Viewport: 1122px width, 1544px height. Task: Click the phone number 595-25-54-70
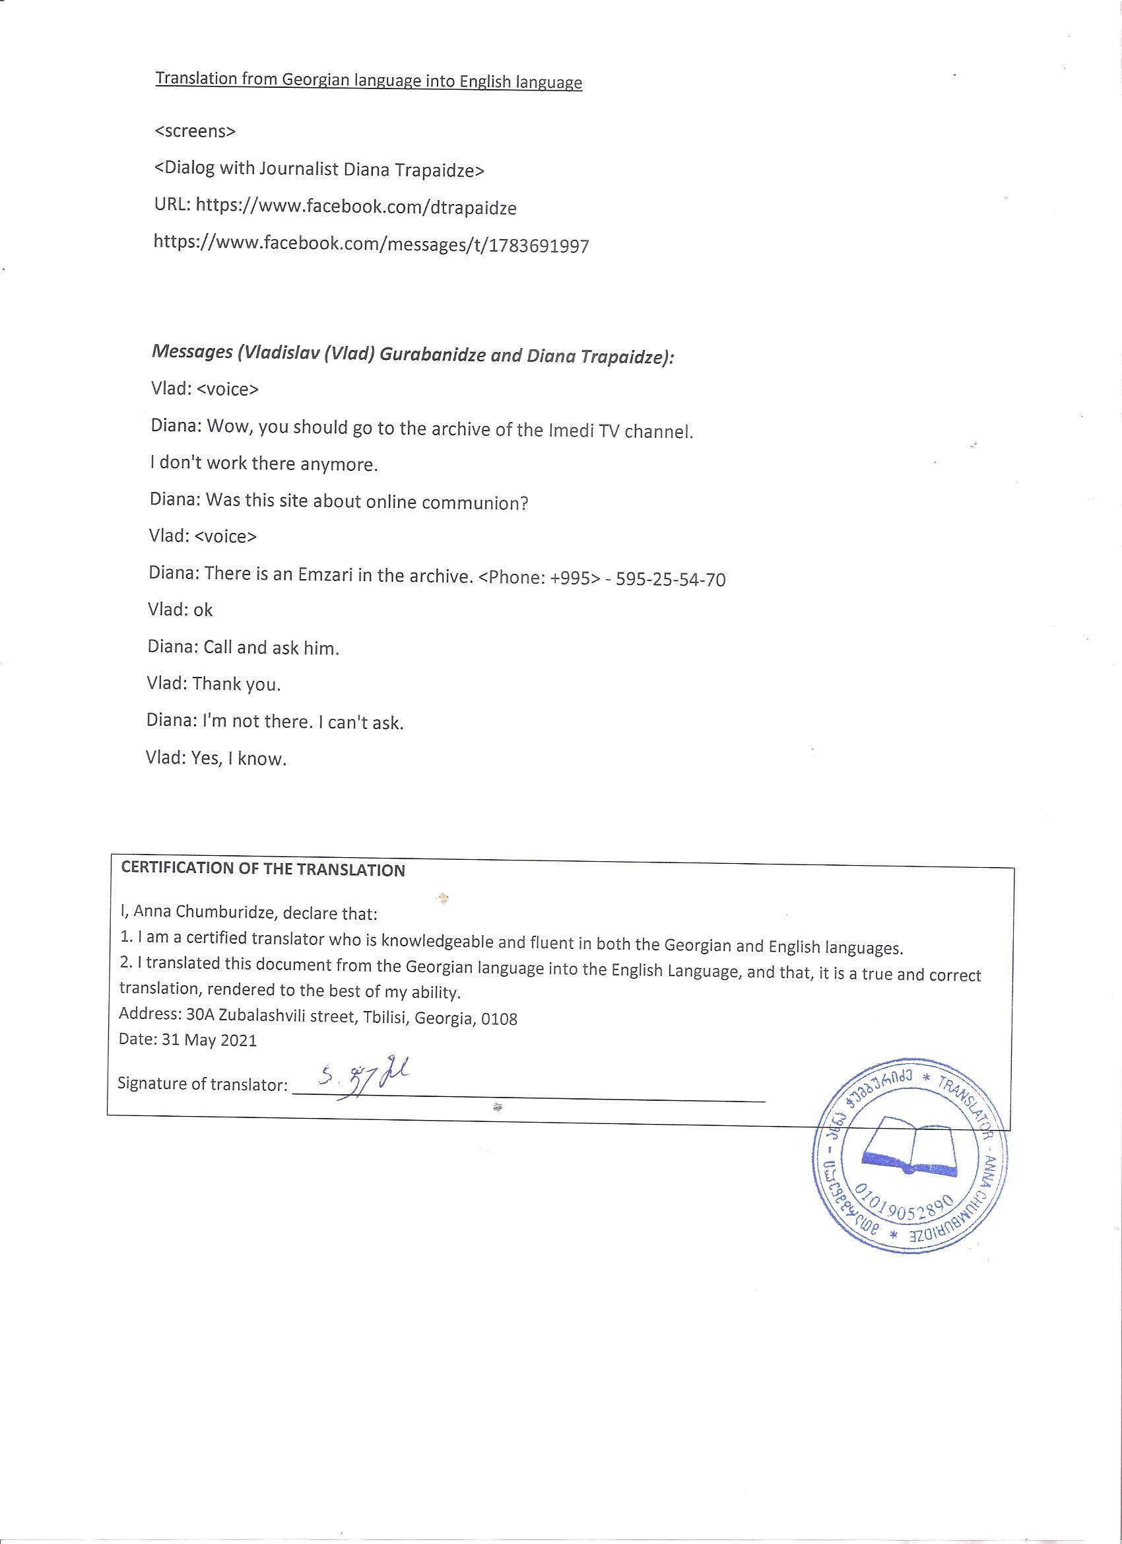click(x=670, y=579)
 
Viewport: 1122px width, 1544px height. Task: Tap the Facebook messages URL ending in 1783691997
click(x=372, y=244)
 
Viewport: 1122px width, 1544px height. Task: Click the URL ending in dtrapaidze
click(x=356, y=207)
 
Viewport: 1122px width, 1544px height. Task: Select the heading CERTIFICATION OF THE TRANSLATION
click(x=263, y=869)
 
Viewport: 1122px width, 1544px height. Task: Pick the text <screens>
click(x=195, y=131)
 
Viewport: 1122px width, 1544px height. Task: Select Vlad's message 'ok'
click(x=203, y=610)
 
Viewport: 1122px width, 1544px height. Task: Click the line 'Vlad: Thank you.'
click(x=214, y=684)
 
